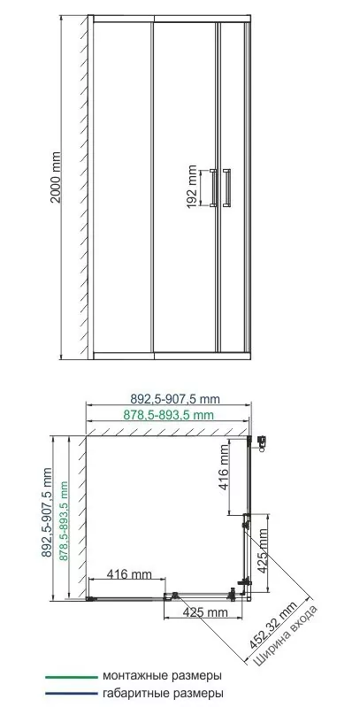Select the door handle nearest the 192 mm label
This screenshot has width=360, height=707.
(212, 188)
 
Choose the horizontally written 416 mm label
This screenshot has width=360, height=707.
(128, 574)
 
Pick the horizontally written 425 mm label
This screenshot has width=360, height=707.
(205, 612)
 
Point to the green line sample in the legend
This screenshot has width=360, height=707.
(73, 677)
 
